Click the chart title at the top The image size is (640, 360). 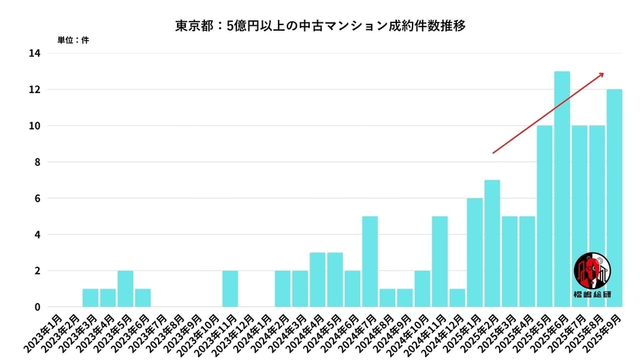point(320,27)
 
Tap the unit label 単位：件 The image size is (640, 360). point(72,40)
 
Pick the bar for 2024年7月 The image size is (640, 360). point(370,262)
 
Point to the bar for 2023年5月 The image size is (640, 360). point(125,289)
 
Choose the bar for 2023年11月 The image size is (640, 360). point(230,289)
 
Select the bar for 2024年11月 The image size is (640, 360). point(440,262)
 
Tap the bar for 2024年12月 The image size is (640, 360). point(457,298)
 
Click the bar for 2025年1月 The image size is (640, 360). point(475,252)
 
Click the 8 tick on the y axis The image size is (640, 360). point(37,162)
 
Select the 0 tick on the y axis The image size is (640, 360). point(37,307)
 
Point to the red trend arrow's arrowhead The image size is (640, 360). point(601,74)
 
